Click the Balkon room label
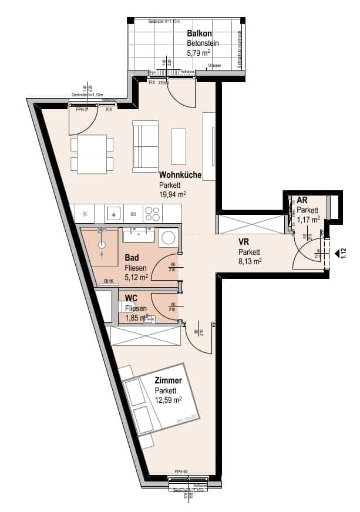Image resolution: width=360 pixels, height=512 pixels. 199,33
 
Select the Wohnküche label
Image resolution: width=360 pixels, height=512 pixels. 180,175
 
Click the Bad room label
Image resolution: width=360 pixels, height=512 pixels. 132,257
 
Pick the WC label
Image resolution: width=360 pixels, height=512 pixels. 130,298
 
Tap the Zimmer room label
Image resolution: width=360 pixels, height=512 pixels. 169,380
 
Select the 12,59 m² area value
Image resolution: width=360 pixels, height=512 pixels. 168,400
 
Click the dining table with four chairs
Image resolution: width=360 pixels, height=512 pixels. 92,154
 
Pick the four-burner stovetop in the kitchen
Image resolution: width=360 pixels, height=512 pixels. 152,213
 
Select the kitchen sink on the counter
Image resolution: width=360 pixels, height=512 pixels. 114,213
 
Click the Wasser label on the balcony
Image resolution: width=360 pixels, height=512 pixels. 214,66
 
